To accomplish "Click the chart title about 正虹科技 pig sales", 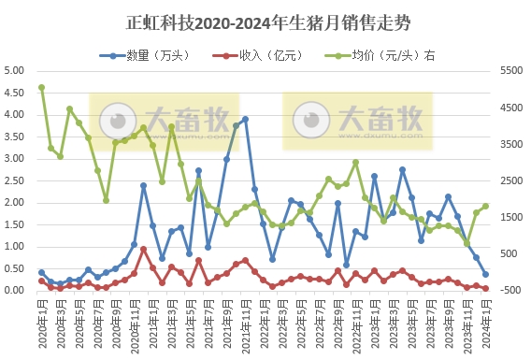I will click(x=265, y=21).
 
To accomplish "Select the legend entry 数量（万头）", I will click(x=145, y=55).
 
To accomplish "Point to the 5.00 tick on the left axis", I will click(x=14, y=71).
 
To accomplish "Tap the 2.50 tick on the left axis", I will click(x=14, y=180).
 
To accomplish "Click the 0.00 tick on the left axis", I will click(x=14, y=290).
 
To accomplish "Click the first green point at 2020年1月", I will click(x=41, y=88).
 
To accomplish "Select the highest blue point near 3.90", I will click(x=245, y=120).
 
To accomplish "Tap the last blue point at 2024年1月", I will click(x=485, y=274).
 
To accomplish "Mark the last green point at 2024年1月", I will click(x=485, y=207).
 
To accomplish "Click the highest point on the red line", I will click(x=143, y=249).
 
